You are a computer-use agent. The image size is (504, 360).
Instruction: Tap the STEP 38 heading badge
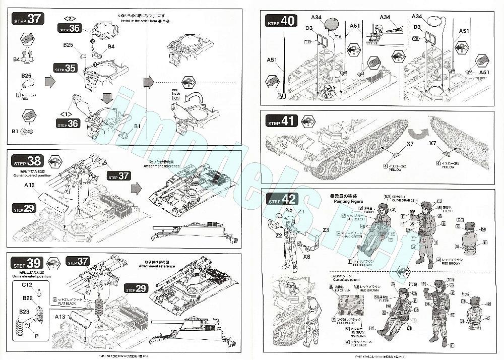[x=27, y=161]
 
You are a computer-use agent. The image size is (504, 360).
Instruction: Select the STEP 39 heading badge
[x=27, y=264]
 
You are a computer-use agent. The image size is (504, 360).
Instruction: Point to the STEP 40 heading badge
[x=281, y=22]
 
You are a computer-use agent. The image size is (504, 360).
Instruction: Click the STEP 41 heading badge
[x=281, y=122]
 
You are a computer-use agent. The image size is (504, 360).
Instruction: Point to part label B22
[x=27, y=298]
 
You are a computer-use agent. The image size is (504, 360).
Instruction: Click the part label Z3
[x=326, y=230]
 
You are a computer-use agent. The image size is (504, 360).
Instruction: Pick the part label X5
[x=289, y=209]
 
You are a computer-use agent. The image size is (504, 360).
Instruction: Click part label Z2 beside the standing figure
[x=278, y=235]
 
